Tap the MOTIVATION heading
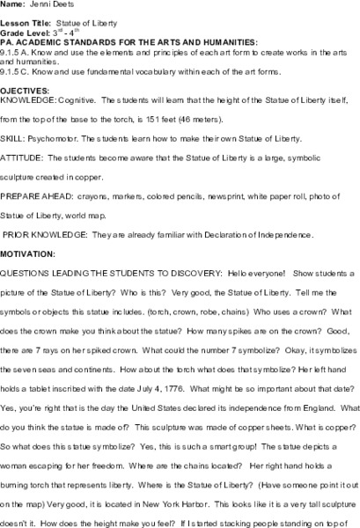click(30, 252)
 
